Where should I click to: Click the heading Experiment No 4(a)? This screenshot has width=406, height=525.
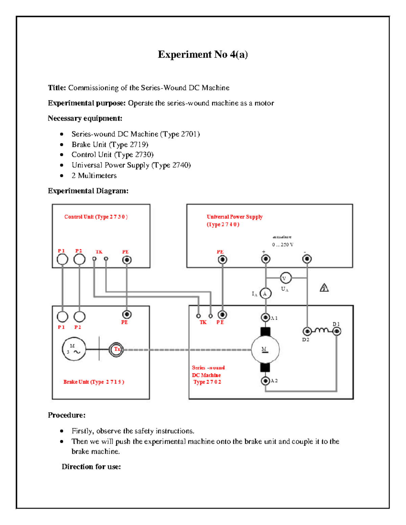click(203, 54)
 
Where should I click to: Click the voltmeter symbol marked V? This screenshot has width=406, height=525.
click(286, 278)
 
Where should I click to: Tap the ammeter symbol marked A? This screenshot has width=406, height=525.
click(265, 293)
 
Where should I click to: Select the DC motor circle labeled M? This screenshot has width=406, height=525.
click(265, 350)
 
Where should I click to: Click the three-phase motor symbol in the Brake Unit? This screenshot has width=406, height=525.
click(74, 349)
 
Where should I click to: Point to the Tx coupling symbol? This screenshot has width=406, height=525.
click(116, 349)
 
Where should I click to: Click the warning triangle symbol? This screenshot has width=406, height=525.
click(324, 288)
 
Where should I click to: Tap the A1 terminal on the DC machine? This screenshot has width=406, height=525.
click(265, 317)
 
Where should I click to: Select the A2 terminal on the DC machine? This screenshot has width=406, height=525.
click(265, 381)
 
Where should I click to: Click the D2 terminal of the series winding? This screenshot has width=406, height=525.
click(307, 331)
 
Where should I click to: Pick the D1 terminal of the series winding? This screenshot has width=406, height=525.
click(336, 331)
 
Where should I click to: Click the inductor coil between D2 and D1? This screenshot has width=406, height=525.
click(321, 330)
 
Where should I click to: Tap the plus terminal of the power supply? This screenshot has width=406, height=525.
click(266, 259)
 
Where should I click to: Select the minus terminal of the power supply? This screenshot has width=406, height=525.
click(307, 259)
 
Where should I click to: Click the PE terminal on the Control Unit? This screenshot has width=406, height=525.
click(127, 260)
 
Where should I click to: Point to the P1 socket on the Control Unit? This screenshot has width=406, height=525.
click(62, 259)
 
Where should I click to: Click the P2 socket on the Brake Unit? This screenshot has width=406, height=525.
click(79, 317)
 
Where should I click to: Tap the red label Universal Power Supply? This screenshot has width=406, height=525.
click(234, 217)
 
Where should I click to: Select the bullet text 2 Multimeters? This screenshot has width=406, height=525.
click(94, 175)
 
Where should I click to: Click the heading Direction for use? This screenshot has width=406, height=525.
click(91, 467)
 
